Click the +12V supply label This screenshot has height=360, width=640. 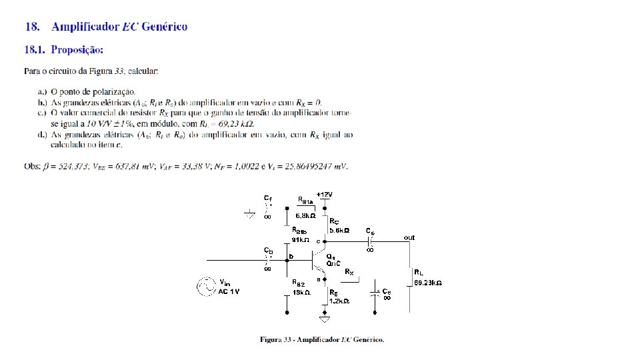click(324, 194)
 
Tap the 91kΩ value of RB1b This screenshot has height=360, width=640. click(301, 239)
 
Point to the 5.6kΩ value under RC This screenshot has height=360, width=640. click(339, 230)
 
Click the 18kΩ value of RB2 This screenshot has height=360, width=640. click(301, 291)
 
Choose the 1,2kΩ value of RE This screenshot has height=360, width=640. click(339, 301)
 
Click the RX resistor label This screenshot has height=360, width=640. click(349, 272)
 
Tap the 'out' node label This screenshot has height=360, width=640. click(409, 237)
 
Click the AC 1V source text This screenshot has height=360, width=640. click(229, 291)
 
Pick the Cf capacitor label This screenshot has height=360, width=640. click(267, 198)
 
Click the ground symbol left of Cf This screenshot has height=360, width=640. click(249, 215)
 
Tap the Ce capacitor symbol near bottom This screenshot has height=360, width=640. click(377, 293)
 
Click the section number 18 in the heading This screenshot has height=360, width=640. click(31, 27)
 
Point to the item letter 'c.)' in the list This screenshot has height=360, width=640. click(42, 113)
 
